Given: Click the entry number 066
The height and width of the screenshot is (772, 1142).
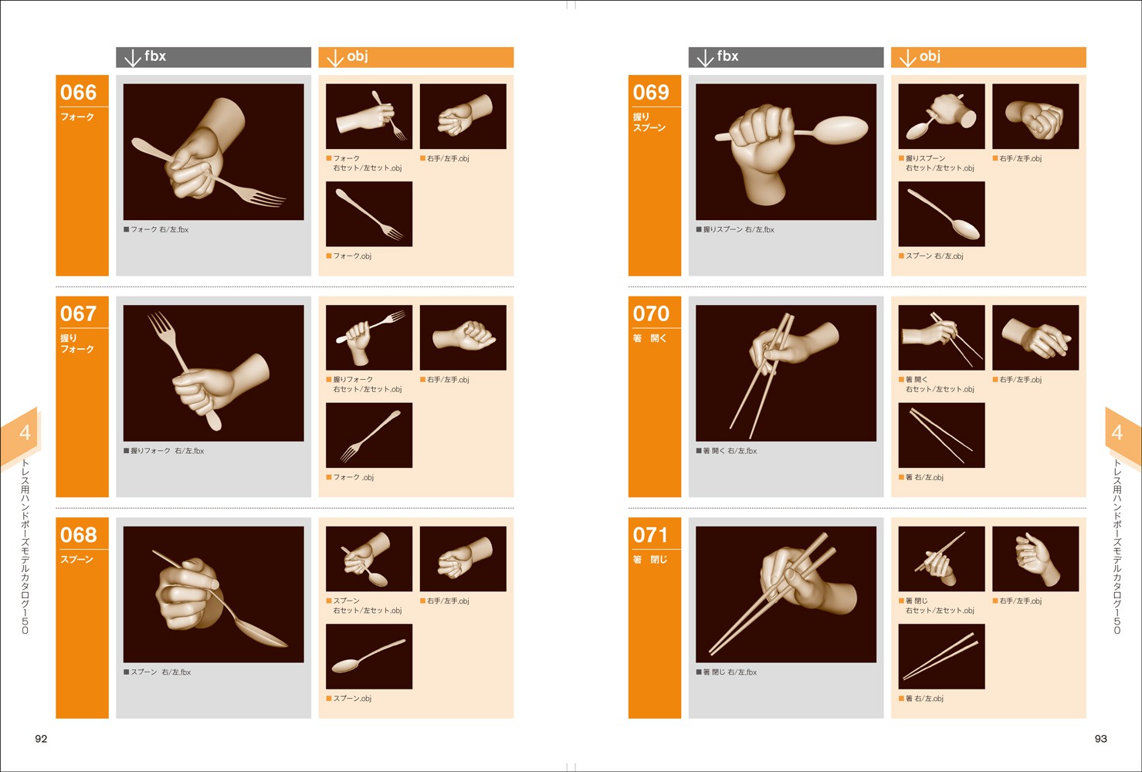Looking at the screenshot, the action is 78,92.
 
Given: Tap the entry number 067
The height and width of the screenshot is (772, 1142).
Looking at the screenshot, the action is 78,313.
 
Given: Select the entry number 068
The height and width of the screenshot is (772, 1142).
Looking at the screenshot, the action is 78,534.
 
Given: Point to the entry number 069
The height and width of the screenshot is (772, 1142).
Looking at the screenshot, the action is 651,92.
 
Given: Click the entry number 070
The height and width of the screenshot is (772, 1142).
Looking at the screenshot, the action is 651,313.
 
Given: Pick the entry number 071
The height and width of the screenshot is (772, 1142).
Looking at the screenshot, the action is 651,534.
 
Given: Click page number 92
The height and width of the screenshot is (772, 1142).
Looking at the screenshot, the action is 41,738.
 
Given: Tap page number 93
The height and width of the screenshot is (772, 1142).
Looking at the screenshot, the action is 1101,738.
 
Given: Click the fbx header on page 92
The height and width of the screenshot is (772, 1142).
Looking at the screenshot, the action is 213,57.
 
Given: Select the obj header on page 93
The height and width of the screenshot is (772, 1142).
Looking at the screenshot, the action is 988,57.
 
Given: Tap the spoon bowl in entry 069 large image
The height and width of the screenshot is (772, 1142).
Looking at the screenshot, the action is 841,130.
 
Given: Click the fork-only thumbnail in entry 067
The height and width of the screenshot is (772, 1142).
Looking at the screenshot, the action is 369,435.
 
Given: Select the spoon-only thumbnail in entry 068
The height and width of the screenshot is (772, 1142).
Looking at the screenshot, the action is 369,656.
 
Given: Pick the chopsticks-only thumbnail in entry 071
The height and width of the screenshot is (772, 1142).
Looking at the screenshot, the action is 942,656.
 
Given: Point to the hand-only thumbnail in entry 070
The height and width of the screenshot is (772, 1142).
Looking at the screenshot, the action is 1035,337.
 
